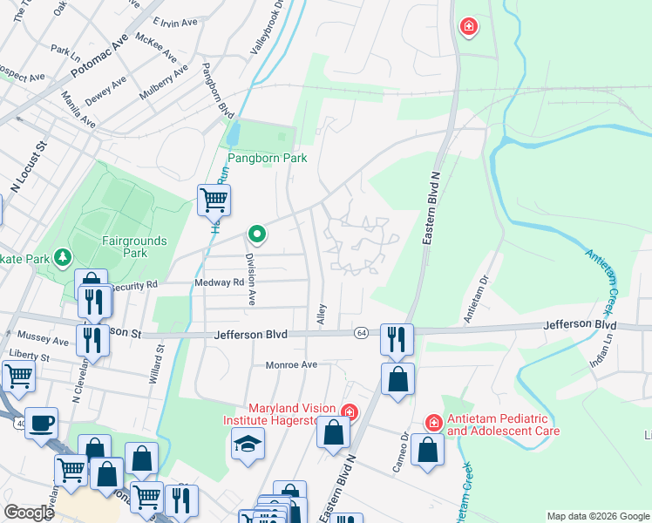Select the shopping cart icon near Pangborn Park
214,200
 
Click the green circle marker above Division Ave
256,234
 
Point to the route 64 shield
361,333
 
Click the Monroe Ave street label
291,365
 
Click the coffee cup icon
41,424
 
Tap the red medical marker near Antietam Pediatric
432,423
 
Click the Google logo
29,513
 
